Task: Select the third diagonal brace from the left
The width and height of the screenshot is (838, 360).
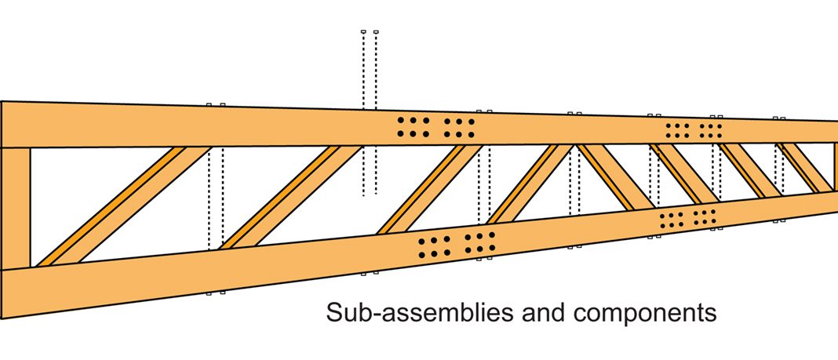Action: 432,188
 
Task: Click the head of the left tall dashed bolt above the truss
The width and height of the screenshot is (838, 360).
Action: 363,32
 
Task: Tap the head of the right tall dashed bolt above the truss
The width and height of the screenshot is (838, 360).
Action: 376,32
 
